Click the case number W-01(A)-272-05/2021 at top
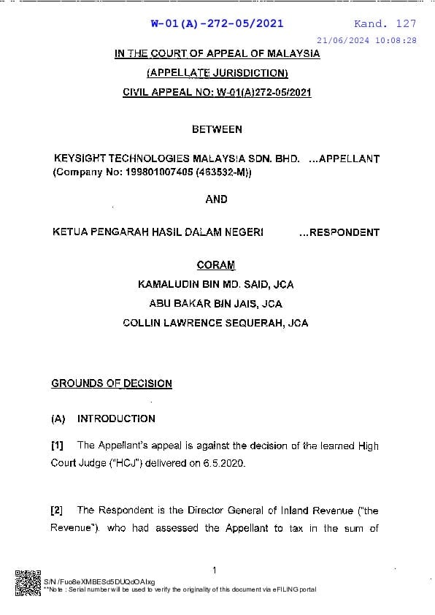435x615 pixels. point(217,23)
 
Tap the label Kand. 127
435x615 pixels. point(385,23)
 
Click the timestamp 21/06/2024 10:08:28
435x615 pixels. point(367,40)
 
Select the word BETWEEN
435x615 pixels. point(217,129)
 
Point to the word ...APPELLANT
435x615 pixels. point(344,158)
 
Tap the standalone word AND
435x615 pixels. point(217,199)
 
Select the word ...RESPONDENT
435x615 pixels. point(339,232)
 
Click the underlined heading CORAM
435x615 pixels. point(216,265)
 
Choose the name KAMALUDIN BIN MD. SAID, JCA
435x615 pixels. point(216,284)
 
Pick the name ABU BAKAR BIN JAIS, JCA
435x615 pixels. point(216,303)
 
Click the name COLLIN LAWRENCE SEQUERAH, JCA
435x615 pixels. point(216,323)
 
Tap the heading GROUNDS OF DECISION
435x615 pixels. point(112,383)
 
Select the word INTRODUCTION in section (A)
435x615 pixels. point(116,419)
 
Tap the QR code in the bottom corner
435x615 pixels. point(28,581)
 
